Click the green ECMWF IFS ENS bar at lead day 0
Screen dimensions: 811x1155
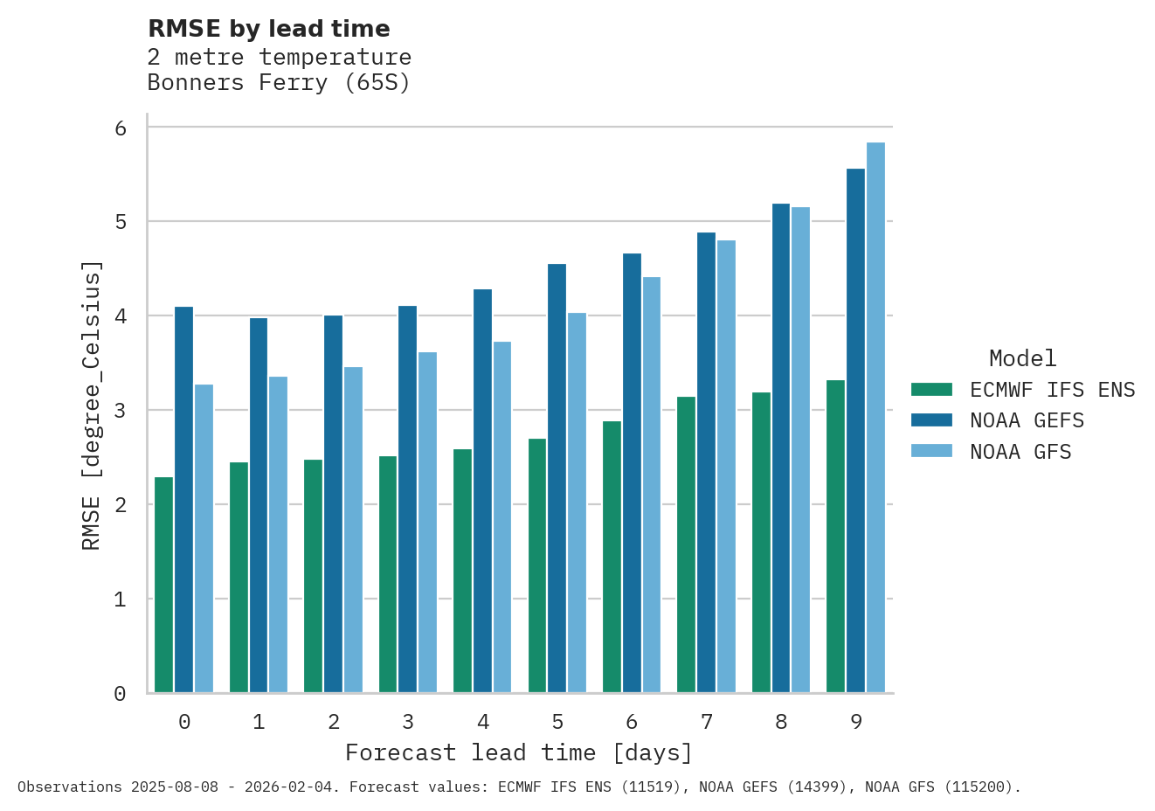163,585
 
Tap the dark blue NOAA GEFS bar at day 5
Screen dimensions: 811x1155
557,478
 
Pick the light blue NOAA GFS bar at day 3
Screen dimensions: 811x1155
427,523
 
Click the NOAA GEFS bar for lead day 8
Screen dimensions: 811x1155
780,448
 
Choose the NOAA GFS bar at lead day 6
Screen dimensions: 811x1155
652,485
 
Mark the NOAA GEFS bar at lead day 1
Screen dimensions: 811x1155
259,505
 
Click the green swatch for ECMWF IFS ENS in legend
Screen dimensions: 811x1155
930,390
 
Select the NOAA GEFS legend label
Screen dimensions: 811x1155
1027,421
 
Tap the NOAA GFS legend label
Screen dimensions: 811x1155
1020,452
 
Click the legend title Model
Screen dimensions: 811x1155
1022,358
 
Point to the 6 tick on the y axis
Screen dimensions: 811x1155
121,128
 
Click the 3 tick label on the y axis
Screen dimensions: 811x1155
121,411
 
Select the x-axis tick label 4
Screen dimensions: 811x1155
483,722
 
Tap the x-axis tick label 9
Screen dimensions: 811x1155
856,722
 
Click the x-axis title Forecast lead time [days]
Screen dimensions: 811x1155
519,752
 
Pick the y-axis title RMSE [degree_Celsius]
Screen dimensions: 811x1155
92,405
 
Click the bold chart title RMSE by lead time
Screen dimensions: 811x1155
269,29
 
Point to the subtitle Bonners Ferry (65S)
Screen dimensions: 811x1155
279,83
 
